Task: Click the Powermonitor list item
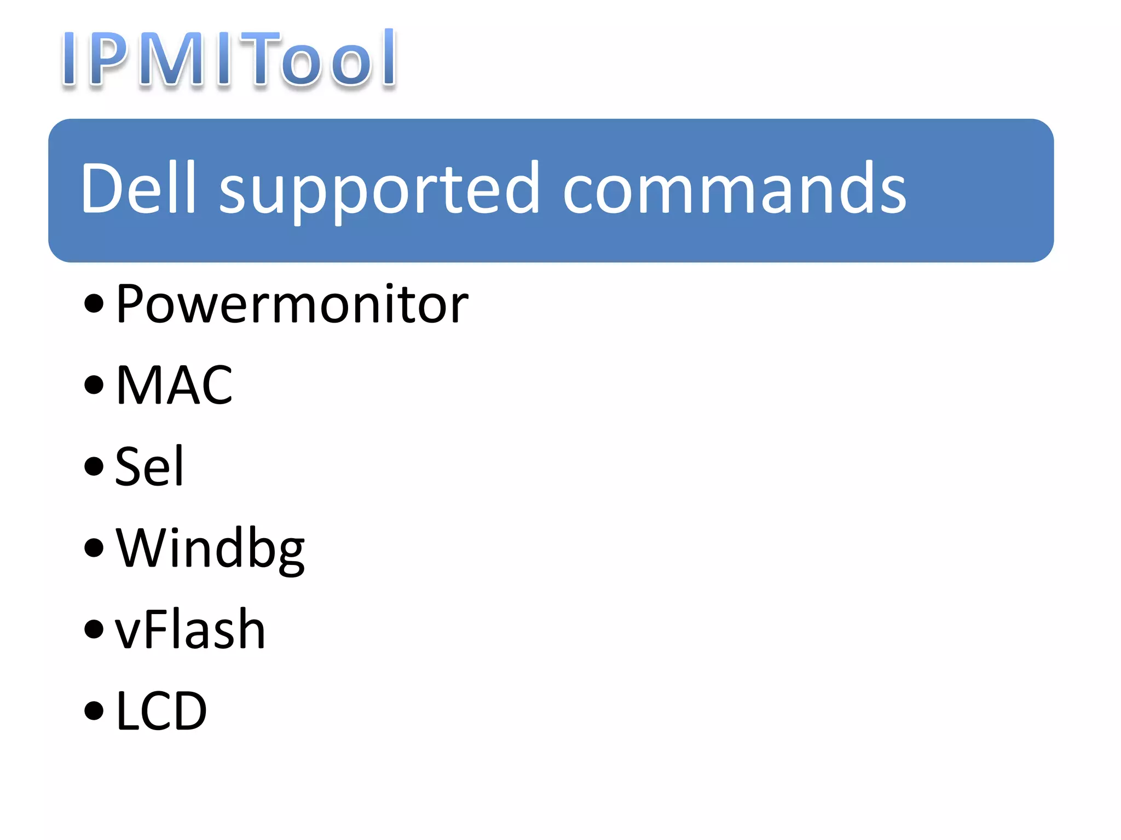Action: (x=292, y=304)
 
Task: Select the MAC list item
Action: (x=174, y=385)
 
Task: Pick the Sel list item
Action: (x=149, y=466)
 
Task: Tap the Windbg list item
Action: (x=210, y=548)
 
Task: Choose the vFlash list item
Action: (x=190, y=629)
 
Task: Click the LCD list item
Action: (x=161, y=710)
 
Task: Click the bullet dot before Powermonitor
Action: (x=94, y=304)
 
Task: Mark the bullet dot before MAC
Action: (x=94, y=384)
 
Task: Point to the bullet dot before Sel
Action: (x=94, y=466)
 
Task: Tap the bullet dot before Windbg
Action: (x=94, y=547)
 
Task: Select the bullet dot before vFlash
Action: (x=94, y=629)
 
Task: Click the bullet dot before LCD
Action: (x=94, y=710)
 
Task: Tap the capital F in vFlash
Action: (x=162, y=629)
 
